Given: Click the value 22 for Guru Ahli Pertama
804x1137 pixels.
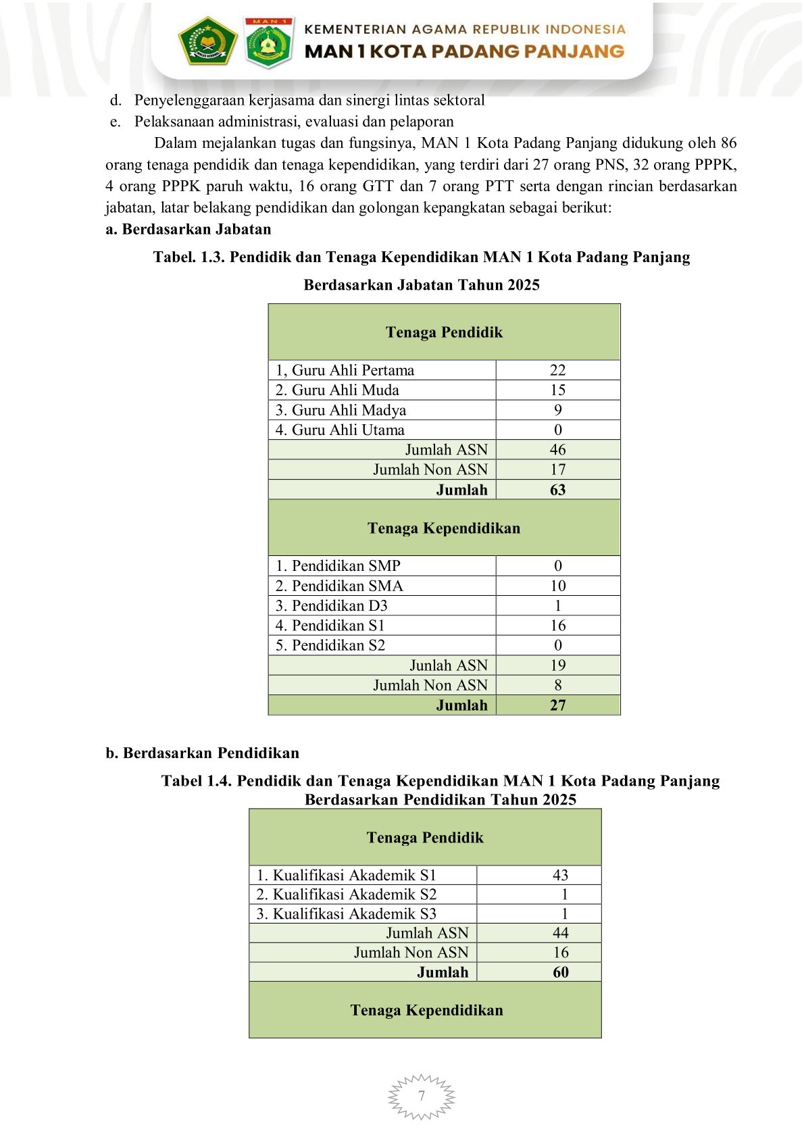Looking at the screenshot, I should (x=557, y=370).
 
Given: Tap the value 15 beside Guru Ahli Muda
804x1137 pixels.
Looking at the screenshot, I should (x=557, y=390).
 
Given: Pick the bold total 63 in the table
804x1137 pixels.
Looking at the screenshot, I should (x=557, y=490).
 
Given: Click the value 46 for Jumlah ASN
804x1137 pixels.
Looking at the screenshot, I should (x=557, y=450).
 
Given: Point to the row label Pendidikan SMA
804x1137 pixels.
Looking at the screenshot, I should (x=338, y=586).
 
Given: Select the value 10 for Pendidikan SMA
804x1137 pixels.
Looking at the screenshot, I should (x=557, y=586).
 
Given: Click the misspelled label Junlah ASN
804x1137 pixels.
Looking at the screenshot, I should (x=448, y=665).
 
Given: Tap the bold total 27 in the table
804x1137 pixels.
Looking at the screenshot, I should (x=557, y=705).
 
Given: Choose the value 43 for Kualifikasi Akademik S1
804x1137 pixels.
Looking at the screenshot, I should (x=560, y=875).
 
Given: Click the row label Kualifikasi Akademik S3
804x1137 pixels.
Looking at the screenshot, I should (x=346, y=914).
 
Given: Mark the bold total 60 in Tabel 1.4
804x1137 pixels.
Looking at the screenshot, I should (x=560, y=972).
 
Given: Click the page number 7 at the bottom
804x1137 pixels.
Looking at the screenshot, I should (x=422, y=1096).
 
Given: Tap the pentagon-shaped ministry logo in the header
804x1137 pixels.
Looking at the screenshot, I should (x=207, y=41).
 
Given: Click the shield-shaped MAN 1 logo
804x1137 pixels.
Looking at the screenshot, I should (x=268, y=43).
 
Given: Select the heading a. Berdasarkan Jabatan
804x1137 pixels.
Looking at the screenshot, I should (x=189, y=229).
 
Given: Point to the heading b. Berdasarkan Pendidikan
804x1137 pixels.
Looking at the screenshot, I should (x=202, y=753).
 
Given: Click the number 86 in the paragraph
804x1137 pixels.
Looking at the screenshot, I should (x=728, y=143).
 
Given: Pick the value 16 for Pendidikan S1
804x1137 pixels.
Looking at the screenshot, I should (x=557, y=626).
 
